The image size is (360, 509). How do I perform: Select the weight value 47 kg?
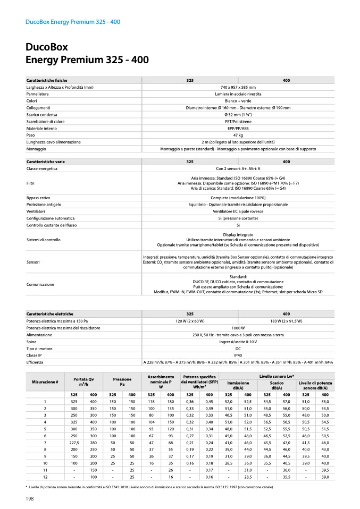(x=238, y=135)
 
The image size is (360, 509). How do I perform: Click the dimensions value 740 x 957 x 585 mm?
(x=238, y=87)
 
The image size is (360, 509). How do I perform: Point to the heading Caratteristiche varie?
(x=49, y=161)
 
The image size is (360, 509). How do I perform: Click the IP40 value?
(x=238, y=355)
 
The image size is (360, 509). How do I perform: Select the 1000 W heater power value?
(x=238, y=328)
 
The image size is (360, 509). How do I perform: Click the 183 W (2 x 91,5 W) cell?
(x=286, y=321)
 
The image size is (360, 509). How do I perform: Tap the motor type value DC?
(x=238, y=348)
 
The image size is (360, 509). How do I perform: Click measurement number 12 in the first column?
(x=45, y=477)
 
